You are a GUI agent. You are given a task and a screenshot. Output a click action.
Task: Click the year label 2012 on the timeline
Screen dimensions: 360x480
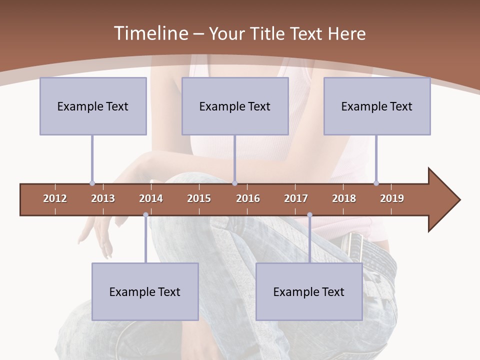55,198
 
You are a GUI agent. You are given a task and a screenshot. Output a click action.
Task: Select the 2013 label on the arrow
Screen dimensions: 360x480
103,198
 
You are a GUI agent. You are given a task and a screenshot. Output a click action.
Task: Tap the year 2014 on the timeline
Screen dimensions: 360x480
151,198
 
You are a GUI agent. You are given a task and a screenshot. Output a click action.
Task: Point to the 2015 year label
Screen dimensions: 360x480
199,198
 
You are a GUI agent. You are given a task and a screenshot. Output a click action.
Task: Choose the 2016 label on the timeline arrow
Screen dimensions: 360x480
248,198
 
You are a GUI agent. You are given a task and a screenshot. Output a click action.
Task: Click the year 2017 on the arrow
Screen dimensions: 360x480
296,198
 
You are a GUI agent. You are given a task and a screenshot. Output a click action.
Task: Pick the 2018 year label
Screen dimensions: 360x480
344,198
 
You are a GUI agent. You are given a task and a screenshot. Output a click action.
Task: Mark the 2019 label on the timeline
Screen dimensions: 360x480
392,198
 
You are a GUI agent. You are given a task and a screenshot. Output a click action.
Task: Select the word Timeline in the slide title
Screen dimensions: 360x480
149,33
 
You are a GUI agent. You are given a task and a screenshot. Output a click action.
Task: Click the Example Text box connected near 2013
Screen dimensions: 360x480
93,106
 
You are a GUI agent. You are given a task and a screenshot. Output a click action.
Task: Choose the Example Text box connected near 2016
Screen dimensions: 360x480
235,106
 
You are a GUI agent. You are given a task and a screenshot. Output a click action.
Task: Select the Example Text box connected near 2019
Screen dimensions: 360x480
377,106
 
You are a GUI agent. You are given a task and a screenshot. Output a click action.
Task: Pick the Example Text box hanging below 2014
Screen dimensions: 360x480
145,291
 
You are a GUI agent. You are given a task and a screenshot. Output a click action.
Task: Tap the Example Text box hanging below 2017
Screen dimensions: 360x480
309,291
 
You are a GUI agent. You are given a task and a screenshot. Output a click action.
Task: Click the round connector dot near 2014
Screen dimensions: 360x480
145,215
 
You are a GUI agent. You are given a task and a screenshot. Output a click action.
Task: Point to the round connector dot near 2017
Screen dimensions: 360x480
309,215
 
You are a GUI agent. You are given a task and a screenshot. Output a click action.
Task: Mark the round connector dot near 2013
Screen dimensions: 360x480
92,183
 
